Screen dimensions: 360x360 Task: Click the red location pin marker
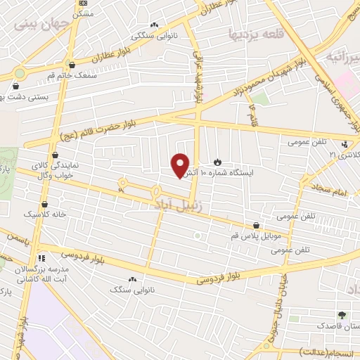tap(181, 165)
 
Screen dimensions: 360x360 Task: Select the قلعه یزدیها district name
tap(255, 33)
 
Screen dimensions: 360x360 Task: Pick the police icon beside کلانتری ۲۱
tap(344, 145)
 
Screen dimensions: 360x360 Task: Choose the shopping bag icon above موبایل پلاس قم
tap(256, 226)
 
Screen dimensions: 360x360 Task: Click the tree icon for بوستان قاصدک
tap(342, 314)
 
